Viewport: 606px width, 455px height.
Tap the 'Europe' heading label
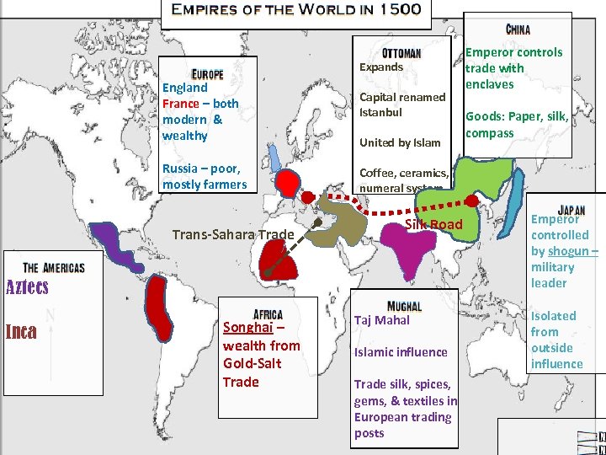pos(207,73)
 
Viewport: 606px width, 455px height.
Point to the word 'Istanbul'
pos(381,112)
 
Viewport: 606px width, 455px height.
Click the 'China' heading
pos(518,29)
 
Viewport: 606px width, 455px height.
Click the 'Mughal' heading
pos(405,305)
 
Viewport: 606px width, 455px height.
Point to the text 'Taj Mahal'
pos(382,320)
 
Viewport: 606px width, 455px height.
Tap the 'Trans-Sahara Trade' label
pos(232,234)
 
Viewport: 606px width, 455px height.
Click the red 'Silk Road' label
pos(434,224)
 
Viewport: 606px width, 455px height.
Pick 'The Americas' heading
pos(54,267)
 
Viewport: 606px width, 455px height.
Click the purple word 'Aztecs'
pos(28,286)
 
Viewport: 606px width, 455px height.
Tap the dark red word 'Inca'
pos(21,331)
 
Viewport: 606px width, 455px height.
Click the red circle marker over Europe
pos(287,181)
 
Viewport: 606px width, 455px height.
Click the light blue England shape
pos(274,157)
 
